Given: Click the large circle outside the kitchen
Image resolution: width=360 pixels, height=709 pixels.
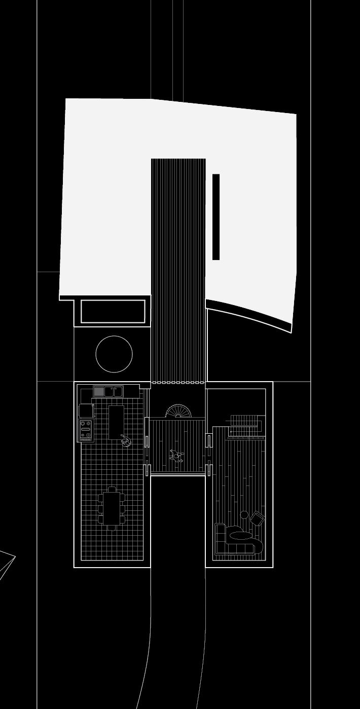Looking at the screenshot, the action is pos(114,354).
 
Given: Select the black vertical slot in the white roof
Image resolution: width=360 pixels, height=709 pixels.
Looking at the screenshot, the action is pos(216,217).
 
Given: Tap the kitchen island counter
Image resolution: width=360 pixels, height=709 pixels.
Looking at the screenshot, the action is pos(116,422).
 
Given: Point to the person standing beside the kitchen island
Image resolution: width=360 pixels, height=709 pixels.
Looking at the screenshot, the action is pos(126,442).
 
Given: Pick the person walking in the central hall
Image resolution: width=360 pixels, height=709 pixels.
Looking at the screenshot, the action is pos(176,456).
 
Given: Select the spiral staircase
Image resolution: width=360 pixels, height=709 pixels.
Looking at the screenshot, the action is pos(179,412).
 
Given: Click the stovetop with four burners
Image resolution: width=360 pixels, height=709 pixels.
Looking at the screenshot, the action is pos(86,430).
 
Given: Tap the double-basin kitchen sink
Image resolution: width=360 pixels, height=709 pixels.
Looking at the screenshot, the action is pos(113,392).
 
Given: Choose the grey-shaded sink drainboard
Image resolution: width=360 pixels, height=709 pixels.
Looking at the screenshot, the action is pos(99,392).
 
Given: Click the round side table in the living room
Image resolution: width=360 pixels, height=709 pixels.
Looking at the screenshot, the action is pos(244,515).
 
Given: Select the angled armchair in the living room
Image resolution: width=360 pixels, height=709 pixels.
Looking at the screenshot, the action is pos(258,519).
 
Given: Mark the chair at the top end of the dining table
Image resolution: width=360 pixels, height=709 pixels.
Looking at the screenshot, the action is pos(112,489).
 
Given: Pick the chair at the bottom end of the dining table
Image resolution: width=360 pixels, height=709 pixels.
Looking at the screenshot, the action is pos(112,528).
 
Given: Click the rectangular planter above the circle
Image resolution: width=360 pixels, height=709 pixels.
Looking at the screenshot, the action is pos(113,312).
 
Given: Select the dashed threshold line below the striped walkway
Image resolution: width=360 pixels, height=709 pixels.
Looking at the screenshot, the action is pos(178,382).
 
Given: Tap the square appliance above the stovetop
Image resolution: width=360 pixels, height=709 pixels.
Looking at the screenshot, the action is pos(86,411).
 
